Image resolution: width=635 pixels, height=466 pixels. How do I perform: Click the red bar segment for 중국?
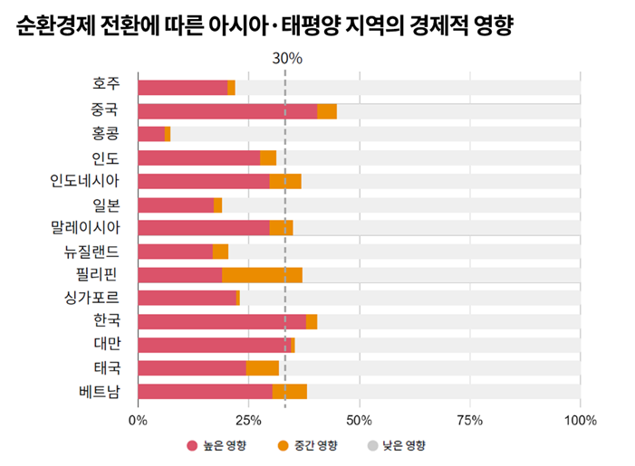coord(227,111)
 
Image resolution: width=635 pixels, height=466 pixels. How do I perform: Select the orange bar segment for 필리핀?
coord(262,275)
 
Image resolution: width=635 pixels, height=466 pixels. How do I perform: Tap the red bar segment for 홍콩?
coord(151,134)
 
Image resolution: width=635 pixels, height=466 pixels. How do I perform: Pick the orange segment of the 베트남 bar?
coord(289,392)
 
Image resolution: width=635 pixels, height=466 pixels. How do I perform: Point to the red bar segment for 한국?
coord(222,321)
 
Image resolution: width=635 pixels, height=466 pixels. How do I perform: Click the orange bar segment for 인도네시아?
coord(285,181)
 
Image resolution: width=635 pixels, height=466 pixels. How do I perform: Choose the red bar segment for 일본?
coord(176,204)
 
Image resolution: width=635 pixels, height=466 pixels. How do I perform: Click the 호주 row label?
coord(106,85)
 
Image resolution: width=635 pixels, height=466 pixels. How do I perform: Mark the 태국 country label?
coord(106,367)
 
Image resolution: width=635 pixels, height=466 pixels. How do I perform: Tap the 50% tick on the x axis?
coord(359,420)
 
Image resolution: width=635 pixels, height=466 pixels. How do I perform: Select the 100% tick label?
coord(580,420)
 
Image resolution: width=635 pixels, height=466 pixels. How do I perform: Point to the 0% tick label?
coord(138,420)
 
